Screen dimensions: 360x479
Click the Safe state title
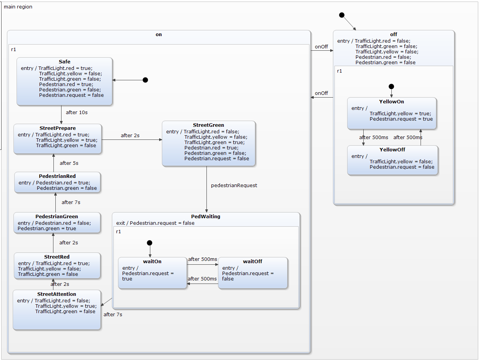(65, 61)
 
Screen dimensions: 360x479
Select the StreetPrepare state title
(58, 128)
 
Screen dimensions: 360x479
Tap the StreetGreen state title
(208, 125)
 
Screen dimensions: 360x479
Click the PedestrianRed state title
(57, 176)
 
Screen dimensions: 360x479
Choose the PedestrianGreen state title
(57, 216)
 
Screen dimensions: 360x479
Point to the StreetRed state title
(57, 257)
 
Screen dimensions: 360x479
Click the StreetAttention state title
(57, 294)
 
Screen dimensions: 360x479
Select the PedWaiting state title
(206, 216)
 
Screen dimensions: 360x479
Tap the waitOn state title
(152, 261)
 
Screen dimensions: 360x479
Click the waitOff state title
(253, 261)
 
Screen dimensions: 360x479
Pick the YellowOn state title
(391, 102)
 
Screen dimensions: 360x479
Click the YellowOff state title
(392, 149)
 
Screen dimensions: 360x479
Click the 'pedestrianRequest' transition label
(234, 185)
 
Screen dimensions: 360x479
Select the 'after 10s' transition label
(77, 112)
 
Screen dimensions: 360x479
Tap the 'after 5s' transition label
(69, 163)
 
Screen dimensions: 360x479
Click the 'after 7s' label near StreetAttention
(113, 314)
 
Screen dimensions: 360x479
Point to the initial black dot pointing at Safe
(145, 80)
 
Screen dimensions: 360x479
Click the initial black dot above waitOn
(150, 243)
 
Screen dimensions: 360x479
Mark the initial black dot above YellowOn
(391, 86)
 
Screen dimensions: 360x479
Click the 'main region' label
(18, 7)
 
